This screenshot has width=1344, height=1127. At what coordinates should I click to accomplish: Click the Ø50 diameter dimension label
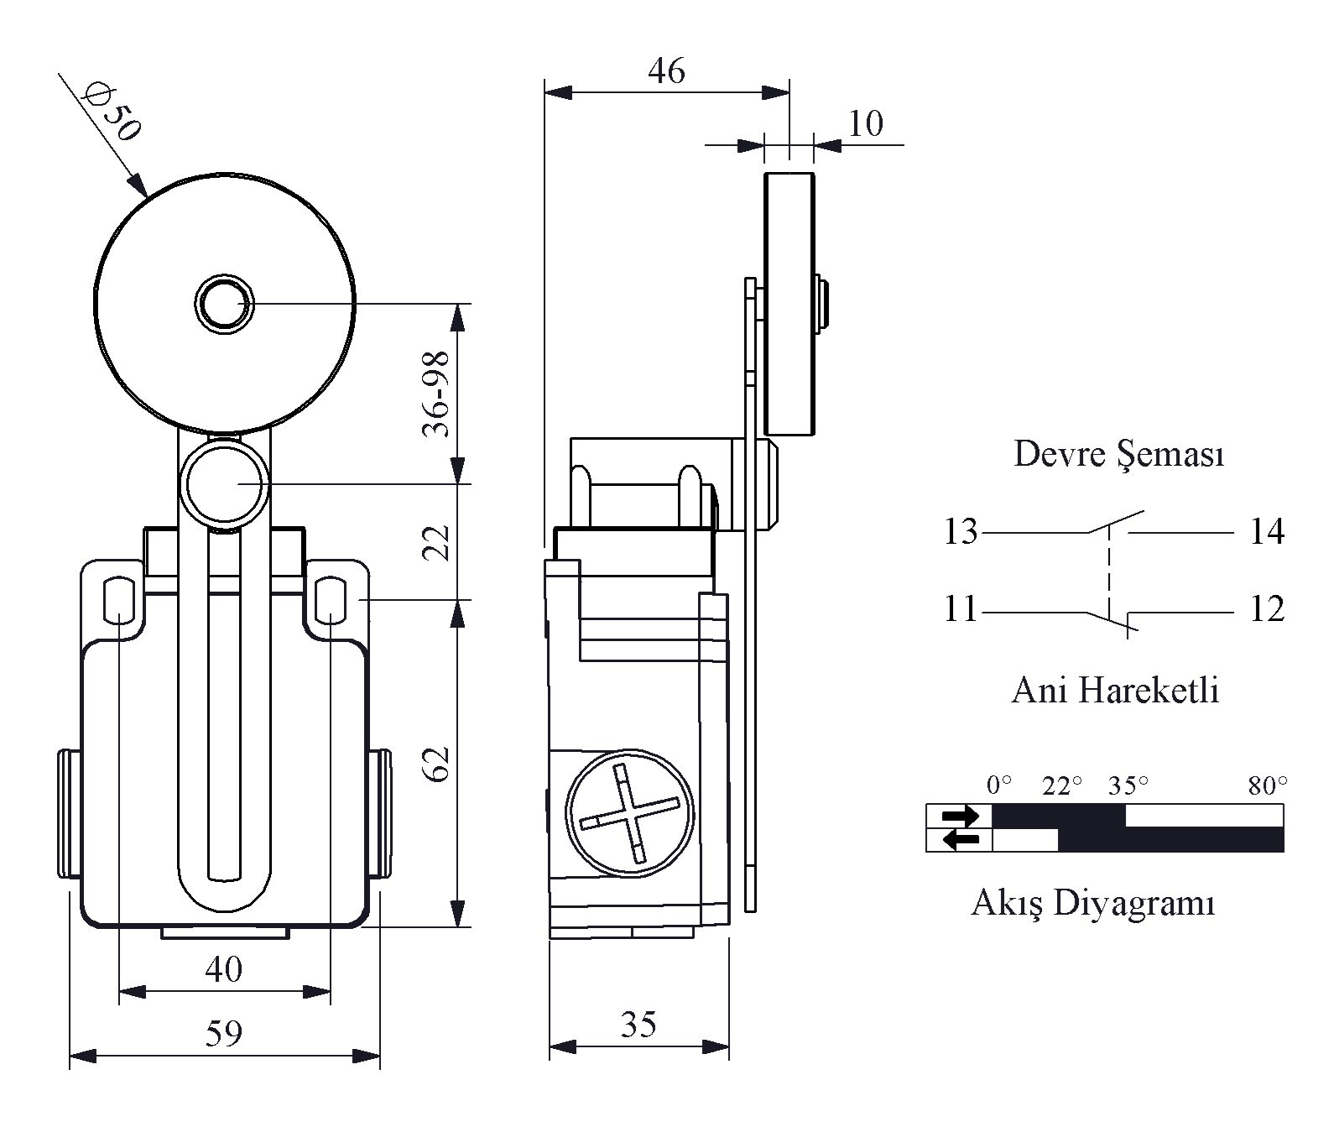coord(112,111)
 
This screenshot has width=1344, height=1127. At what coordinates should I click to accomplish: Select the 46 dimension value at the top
coord(666,70)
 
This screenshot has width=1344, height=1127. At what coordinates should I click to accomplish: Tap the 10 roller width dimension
coord(866,124)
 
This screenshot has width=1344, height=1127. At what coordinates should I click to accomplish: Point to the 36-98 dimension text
coord(436,394)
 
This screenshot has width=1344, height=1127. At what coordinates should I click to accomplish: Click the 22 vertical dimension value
coord(436,542)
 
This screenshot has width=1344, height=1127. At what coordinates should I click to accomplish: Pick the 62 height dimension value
coord(436,763)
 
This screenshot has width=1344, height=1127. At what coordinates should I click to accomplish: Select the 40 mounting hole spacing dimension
coord(224,969)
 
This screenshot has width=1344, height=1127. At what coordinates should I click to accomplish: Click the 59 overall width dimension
coord(224,1033)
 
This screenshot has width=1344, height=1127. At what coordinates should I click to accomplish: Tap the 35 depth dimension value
coord(638,1025)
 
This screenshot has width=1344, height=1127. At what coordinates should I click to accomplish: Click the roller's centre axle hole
coord(224,303)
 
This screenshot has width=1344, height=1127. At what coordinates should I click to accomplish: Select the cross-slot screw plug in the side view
coord(630,813)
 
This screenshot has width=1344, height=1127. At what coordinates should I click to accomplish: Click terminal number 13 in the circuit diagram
coord(961,532)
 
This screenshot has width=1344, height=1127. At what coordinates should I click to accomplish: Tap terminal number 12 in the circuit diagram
coord(1267,609)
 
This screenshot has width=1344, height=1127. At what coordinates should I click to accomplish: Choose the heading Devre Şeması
coord(1118,454)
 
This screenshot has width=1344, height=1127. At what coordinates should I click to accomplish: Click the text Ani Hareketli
coord(1115,691)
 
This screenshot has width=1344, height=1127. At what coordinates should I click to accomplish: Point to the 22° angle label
coord(1062,786)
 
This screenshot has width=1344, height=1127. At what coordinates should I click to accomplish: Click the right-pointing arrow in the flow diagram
coord(960,815)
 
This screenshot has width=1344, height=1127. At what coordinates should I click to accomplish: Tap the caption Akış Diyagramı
coord(1093,904)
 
